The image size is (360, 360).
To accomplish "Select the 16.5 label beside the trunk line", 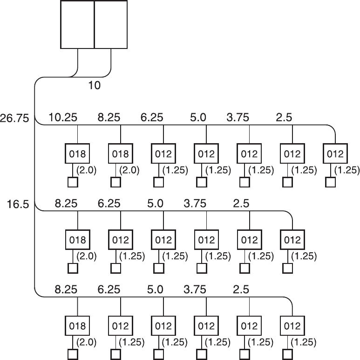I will pyautogui.click(x=19, y=204).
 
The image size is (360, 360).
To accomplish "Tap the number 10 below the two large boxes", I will pyautogui.click(x=94, y=86).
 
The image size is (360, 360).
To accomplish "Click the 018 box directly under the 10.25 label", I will pyautogui.click(x=77, y=154).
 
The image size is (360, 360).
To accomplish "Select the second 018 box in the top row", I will pyautogui.click(x=121, y=154).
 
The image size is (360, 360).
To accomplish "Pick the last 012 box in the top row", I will pyautogui.click(x=335, y=154).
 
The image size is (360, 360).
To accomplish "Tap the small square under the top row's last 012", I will pyautogui.click(x=331, y=182).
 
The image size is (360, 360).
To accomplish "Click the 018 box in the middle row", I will pyautogui.click(x=77, y=240).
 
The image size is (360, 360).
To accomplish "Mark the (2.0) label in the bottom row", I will pyautogui.click(x=87, y=342).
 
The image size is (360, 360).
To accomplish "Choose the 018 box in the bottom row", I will pyautogui.click(x=77, y=325).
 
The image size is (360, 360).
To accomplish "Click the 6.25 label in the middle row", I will pyautogui.click(x=108, y=204).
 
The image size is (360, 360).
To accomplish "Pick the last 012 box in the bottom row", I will pyautogui.click(x=292, y=325).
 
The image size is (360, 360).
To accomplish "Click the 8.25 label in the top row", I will pyautogui.click(x=108, y=118).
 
